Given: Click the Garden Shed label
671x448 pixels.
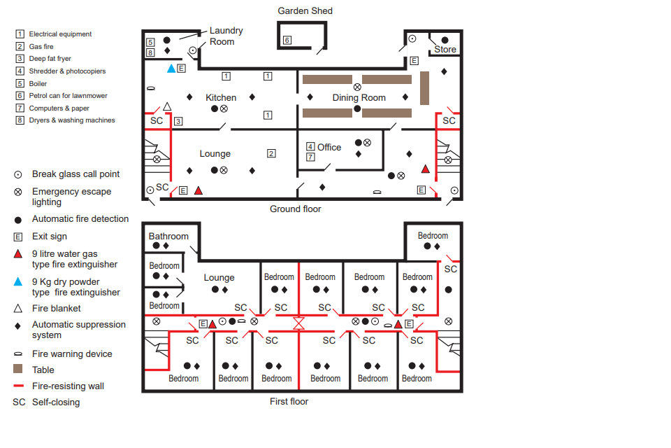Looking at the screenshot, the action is click(x=305, y=10).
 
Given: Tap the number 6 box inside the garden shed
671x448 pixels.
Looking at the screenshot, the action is click(x=287, y=40).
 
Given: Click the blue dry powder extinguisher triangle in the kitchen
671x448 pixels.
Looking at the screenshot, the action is click(x=171, y=68).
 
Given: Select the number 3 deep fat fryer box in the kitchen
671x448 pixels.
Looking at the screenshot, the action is click(x=178, y=121).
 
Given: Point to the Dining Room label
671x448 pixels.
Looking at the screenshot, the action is click(x=359, y=98).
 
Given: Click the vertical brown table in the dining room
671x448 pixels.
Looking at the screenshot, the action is click(x=424, y=88).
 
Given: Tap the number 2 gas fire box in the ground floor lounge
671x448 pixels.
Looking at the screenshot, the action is click(x=271, y=153).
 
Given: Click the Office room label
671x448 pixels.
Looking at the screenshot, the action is click(x=329, y=147).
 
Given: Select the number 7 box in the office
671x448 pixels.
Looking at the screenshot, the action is click(x=310, y=157).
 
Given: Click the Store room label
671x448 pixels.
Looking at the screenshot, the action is click(x=445, y=49).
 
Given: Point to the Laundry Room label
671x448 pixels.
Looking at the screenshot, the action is click(x=226, y=36).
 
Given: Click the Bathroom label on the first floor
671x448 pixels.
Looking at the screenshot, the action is click(x=168, y=236).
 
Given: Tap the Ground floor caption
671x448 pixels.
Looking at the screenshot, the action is click(x=295, y=209).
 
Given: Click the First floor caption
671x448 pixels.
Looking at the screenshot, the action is click(x=289, y=401).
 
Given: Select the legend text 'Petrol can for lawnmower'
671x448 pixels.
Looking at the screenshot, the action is click(x=68, y=96).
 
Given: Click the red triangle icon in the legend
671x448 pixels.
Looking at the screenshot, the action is click(x=18, y=254).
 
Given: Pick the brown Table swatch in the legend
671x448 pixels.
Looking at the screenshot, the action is click(x=18, y=369).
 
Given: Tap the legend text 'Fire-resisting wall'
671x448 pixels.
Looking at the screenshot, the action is click(x=68, y=386).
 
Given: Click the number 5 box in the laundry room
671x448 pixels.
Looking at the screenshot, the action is click(x=150, y=42).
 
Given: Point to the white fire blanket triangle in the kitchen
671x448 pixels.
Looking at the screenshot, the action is click(x=167, y=106).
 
